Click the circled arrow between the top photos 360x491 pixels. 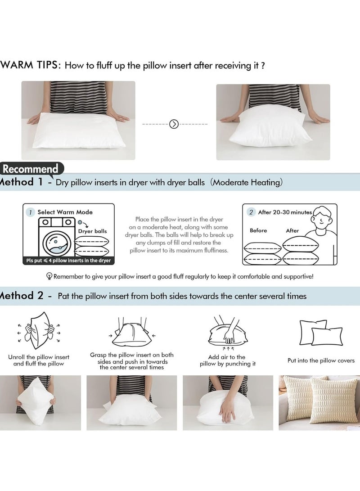(174, 124)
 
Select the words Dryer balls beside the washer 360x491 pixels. (93, 231)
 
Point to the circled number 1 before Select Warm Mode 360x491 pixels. (30, 212)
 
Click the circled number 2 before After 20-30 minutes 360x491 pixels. (251, 212)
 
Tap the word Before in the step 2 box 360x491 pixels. (258, 230)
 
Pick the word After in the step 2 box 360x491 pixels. (292, 230)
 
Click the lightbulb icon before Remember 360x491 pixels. (49, 276)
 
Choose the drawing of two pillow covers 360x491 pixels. (321, 333)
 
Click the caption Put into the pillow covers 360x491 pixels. (321, 360)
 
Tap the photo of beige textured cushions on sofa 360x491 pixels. (319, 403)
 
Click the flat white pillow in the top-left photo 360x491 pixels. (78, 131)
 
